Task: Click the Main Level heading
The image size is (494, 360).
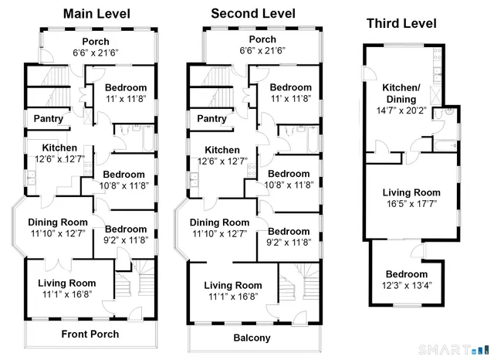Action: click(96, 14)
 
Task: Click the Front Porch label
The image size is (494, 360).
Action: click(90, 335)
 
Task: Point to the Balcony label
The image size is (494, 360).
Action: click(252, 338)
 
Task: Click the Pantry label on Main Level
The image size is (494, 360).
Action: click(48, 119)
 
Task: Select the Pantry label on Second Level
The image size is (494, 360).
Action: click(212, 119)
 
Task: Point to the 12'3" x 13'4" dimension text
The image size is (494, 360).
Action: click(406, 285)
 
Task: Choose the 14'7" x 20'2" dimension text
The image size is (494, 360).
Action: click(402, 111)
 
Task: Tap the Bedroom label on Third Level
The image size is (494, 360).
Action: click(406, 274)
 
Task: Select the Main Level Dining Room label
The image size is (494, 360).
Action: click(59, 222)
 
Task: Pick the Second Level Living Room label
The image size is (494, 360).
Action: click(232, 285)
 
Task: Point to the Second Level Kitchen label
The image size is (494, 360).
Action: click(222, 150)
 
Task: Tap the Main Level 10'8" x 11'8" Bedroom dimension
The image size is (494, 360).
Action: click(124, 185)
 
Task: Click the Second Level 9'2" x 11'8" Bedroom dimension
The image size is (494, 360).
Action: click(289, 242)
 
